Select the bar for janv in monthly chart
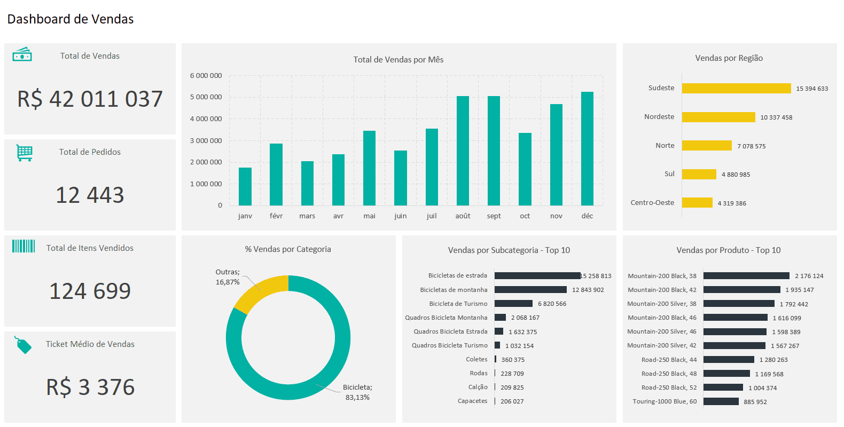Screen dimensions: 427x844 245,186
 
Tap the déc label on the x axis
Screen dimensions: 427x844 587,216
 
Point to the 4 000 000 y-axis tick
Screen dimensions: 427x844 206,119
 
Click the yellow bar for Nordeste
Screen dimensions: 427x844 718,117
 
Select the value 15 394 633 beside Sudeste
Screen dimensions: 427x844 811,89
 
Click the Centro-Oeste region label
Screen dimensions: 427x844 652,203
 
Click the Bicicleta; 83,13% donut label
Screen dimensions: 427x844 357,392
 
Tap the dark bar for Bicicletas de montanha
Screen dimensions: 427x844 530,290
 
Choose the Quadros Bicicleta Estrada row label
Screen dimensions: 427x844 450,331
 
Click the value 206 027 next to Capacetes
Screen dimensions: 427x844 512,401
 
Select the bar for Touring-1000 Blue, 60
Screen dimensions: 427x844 721,401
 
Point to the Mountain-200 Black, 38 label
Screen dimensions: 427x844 662,276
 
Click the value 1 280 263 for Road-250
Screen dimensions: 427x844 773,360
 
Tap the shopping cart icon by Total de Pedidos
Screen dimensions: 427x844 24,153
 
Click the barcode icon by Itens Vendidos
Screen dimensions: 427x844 24,246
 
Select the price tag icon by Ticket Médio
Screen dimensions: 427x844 23,345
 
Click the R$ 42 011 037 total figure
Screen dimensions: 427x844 90,99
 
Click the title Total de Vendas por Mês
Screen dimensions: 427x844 398,60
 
